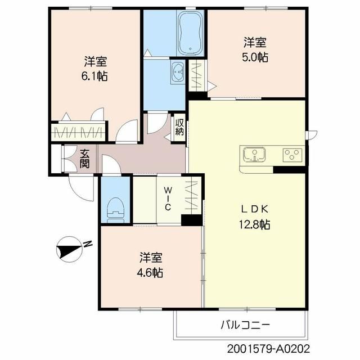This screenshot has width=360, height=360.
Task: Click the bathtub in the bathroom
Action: tap(190, 33)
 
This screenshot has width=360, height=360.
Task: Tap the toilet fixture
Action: tap(115, 210)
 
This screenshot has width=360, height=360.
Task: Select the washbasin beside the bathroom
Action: tap(178, 73)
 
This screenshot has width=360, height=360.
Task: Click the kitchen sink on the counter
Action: tap(254, 155)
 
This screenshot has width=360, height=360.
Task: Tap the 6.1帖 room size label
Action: tap(94, 76)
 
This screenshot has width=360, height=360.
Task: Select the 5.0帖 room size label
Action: tap(255, 57)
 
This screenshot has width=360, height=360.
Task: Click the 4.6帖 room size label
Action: tap(150, 273)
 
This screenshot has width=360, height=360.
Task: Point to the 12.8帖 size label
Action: tap(255, 224)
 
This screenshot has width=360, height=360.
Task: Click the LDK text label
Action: tap(255, 209)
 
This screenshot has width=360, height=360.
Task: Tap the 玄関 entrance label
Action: tap(84, 159)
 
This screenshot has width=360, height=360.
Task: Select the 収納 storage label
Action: tap(179, 127)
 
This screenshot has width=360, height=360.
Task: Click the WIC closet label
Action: tap(168, 199)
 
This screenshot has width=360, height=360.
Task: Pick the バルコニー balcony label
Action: tap(245, 325)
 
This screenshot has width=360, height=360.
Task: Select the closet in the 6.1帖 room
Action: tap(78, 133)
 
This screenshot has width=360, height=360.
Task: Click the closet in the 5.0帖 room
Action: tap(196, 75)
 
